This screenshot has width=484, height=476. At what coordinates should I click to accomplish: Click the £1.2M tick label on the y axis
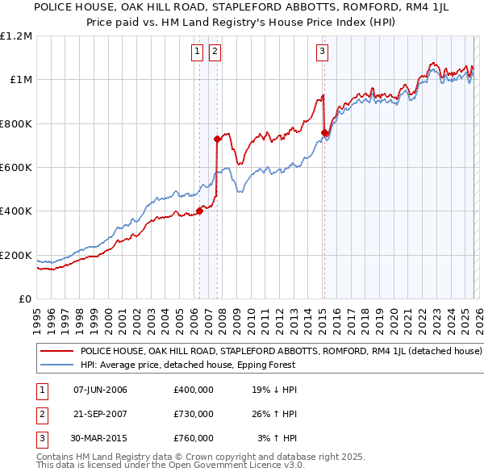pyautogui.click(x=16, y=35)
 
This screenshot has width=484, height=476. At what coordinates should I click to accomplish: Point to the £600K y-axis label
pyautogui.click(x=16, y=167)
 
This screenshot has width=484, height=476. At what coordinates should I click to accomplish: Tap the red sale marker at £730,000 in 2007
pyautogui.click(x=217, y=139)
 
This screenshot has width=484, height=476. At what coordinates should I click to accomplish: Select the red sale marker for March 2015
pyautogui.click(x=324, y=132)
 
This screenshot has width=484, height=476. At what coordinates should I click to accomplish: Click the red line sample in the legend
pyautogui.click(x=56, y=352)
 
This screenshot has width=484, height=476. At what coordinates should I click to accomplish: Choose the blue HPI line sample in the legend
pyautogui.click(x=56, y=365)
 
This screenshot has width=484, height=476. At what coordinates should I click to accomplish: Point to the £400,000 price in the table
pyautogui.click(x=194, y=390)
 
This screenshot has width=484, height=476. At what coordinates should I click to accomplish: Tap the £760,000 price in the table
pyautogui.click(x=194, y=438)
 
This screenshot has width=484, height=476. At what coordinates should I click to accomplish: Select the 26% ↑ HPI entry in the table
pyautogui.click(x=274, y=414)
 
